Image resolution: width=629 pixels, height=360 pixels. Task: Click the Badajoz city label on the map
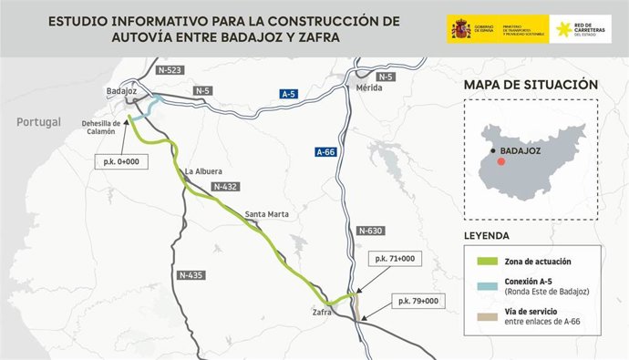click(120, 92)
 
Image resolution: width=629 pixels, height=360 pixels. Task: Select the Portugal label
click(39, 122)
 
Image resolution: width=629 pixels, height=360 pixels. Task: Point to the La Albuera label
click(202, 170)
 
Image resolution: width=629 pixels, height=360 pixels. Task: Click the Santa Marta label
click(266, 215)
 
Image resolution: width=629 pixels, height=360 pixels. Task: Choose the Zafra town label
click(322, 313)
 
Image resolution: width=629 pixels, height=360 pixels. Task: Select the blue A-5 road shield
click(289, 93)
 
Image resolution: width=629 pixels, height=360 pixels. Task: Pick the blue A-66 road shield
click(327, 151)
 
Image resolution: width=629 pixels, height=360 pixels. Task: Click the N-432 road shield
click(223, 186)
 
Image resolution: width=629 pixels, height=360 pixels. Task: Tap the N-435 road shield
click(191, 274)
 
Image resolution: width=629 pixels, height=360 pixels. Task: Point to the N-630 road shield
click(369, 231)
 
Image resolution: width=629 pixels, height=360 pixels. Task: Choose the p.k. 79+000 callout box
click(416, 300)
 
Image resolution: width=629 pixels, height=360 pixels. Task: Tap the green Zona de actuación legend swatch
click(487, 261)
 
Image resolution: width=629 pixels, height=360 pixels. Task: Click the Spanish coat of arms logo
click(460, 29)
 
